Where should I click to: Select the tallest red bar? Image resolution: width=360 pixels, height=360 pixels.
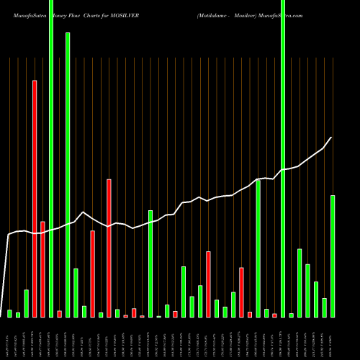35,198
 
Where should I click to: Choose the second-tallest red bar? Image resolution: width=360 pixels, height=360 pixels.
109,248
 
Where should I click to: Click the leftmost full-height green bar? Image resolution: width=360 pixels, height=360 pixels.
51,158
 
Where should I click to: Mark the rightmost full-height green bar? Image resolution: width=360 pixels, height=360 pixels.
283,158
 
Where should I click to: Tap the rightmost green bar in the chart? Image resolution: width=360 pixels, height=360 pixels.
333,256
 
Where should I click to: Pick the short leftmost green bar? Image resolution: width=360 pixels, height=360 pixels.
9,313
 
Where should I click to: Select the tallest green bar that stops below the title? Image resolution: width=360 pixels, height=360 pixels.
68,174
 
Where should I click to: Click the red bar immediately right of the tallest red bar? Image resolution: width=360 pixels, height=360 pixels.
42,269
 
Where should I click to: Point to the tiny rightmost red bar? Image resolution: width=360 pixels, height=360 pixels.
274,315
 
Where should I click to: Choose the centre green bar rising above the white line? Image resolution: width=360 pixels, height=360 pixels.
150,264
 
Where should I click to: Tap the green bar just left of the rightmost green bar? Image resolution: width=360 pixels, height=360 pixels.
324,307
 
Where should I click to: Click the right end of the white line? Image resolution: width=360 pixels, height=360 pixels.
331,138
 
